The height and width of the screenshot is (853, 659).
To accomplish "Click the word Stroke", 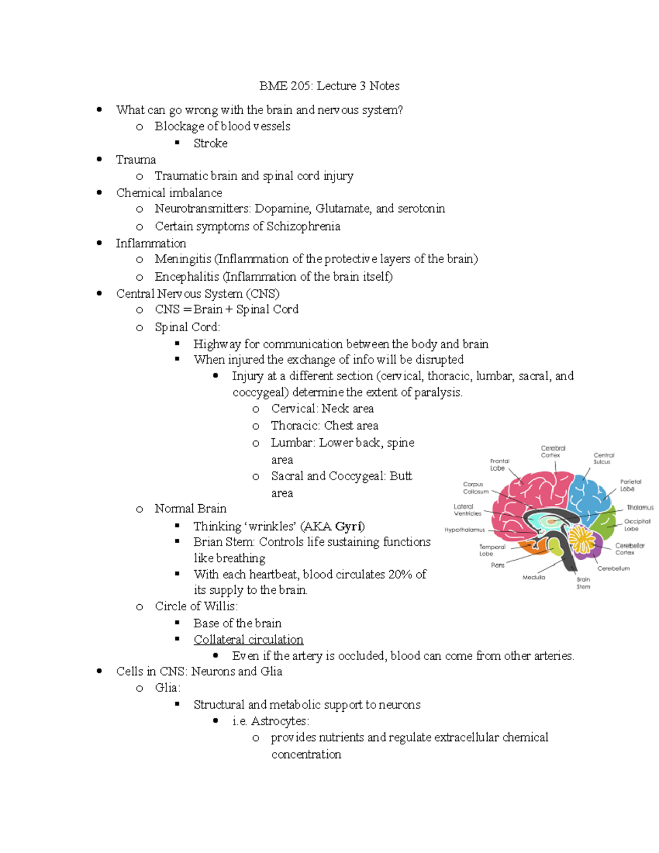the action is pos(210,143).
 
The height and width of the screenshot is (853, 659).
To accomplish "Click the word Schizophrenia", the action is pos(303,226).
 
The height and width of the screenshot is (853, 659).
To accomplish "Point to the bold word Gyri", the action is pos(350,526).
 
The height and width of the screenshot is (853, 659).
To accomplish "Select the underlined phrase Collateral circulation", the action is pos(248,639).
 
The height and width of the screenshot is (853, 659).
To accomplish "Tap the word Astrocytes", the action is pos(280,721).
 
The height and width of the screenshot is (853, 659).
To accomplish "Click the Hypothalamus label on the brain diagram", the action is pos(465,530).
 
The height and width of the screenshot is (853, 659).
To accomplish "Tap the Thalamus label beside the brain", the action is pos(640,508).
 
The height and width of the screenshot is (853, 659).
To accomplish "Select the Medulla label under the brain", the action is pos(534,577).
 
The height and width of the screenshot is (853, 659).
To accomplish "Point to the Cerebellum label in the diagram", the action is pos(613,568).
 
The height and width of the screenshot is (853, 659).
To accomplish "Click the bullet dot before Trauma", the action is pos(99,159).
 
